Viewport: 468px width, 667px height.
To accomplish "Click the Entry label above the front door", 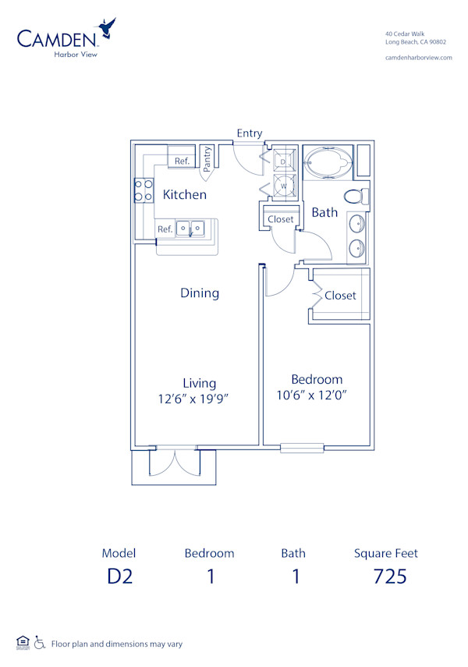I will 250,133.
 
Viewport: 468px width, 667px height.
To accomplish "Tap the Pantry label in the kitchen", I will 207,159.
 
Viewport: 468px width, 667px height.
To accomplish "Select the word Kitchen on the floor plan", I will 185,195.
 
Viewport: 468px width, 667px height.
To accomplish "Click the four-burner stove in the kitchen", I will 144,191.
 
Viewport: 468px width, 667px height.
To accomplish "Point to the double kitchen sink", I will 190,229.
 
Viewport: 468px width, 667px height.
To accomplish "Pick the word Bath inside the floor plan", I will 324,212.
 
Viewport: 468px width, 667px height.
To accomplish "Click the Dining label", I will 200,293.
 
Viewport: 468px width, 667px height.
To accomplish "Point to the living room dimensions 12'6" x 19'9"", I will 199,398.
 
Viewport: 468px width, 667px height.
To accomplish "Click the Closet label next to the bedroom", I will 340,296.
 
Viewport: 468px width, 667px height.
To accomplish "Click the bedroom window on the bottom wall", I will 302,448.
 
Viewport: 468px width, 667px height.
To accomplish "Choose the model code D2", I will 119,577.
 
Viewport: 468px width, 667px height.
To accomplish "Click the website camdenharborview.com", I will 419,59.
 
